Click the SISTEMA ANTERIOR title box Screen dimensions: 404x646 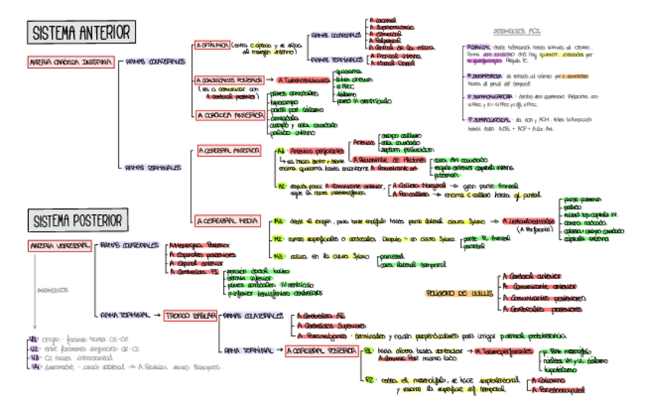click(81, 32)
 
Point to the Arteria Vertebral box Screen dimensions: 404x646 click(61, 245)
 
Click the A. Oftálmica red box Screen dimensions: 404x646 click(211, 46)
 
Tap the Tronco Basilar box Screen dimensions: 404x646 click(190, 314)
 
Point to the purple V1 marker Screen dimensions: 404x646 click(33, 338)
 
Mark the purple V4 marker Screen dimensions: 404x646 click(33, 366)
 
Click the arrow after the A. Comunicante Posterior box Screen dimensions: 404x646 click(270, 79)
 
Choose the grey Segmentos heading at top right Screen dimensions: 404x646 click(512, 31)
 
